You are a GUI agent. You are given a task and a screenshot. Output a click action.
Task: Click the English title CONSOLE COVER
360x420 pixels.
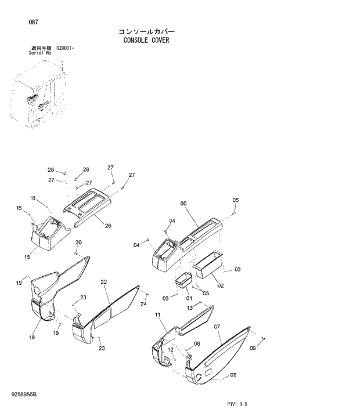[146, 41]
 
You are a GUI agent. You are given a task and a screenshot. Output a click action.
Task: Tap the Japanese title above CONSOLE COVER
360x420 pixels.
[146, 31]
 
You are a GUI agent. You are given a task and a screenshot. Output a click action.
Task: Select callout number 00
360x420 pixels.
[183, 203]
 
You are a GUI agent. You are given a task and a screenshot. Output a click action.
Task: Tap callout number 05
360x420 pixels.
[236, 200]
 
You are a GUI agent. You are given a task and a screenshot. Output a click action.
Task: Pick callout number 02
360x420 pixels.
[221, 286]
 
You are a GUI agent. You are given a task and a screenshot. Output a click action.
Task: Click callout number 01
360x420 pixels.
[189, 298]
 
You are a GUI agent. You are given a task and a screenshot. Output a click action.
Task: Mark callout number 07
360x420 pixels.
[217, 327]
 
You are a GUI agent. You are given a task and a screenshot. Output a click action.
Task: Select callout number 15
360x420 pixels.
[27, 256]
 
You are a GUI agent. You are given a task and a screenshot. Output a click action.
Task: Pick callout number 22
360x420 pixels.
[104, 282]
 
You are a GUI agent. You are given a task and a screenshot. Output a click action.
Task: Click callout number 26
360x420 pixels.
[107, 226]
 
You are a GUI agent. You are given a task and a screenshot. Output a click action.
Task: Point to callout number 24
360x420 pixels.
[143, 303]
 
